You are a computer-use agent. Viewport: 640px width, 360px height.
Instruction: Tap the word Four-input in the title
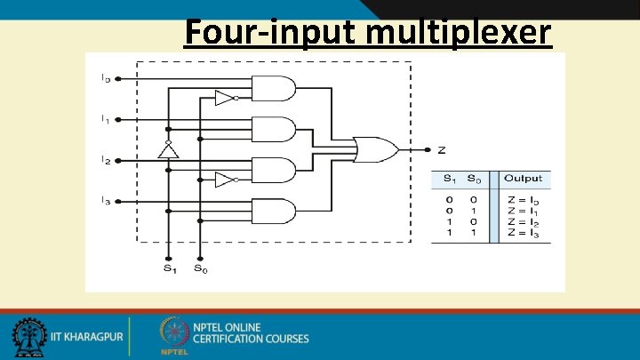(272, 33)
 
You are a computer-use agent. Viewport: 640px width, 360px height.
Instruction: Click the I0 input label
(105, 78)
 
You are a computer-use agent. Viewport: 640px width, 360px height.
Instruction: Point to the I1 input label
(105, 119)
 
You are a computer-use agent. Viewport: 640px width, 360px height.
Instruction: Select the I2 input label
(105, 161)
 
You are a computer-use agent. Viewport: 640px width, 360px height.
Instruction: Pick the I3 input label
(105, 201)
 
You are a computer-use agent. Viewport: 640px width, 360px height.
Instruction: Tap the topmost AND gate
(273, 89)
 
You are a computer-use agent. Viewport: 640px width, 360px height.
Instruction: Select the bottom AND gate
(273, 212)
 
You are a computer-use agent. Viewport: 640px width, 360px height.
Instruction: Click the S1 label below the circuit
(168, 268)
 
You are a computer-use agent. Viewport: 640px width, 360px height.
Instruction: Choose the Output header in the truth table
(523, 179)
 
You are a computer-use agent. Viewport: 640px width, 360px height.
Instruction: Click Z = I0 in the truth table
(523, 200)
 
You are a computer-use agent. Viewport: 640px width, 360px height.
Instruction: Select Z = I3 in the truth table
(523, 234)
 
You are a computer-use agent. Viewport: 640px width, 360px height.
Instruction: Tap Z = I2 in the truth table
(523, 222)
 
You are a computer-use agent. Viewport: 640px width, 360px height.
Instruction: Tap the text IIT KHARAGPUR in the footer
(85, 339)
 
